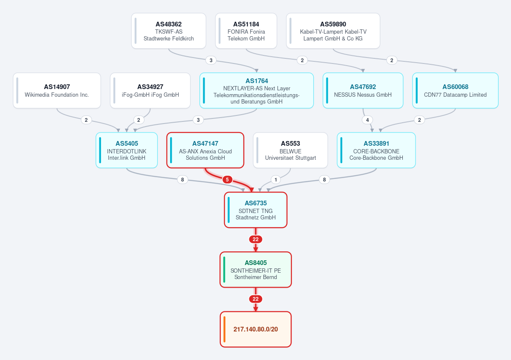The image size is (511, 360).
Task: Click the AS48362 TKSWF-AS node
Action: [168, 31]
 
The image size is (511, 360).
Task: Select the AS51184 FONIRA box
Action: [246, 31]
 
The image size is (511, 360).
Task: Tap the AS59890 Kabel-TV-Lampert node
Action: [333, 31]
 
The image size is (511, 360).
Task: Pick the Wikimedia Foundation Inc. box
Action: [57, 91]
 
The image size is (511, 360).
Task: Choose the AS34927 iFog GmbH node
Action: [150, 91]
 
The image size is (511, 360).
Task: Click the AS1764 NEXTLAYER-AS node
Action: [257, 91]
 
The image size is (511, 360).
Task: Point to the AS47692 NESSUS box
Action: [363, 91]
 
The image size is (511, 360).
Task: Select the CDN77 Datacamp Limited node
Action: [455, 91]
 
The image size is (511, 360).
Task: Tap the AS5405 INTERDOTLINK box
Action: [127, 150]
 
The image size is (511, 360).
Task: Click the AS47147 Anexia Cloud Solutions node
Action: [205, 150]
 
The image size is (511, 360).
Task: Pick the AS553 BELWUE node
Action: [290, 150]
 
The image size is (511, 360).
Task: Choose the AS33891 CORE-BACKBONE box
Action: [376, 150]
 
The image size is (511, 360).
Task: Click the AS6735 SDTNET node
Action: [256, 210]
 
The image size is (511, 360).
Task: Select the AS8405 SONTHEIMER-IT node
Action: [256, 269]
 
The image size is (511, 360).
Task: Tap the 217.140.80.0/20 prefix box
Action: [256, 329]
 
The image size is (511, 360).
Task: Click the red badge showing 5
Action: [227, 179]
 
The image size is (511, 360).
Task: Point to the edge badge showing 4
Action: [367, 120]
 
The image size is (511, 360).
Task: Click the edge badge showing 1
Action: [276, 179]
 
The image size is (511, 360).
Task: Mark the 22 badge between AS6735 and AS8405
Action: [256, 239]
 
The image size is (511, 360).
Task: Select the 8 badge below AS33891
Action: [324, 179]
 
